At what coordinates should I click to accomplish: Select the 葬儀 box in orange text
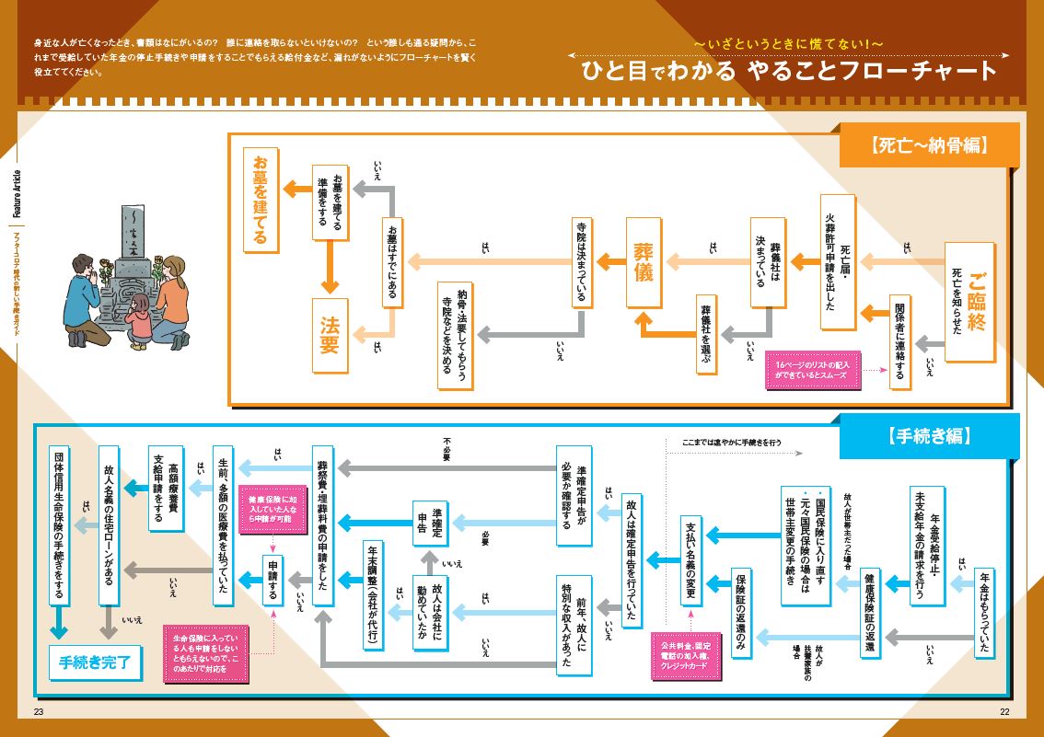click(x=644, y=261)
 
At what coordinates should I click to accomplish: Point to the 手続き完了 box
click(x=95, y=661)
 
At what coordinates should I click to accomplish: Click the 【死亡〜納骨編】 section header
click(x=928, y=145)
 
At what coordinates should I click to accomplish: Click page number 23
click(x=38, y=713)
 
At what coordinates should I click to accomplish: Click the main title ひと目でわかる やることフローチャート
click(x=788, y=71)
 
